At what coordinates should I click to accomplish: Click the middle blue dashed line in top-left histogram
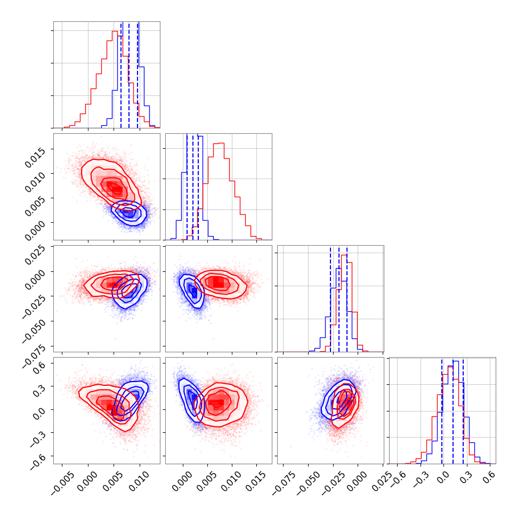pyautogui.click(x=129, y=75)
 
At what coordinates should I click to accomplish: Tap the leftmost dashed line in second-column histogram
pyautogui.click(x=187, y=187)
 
